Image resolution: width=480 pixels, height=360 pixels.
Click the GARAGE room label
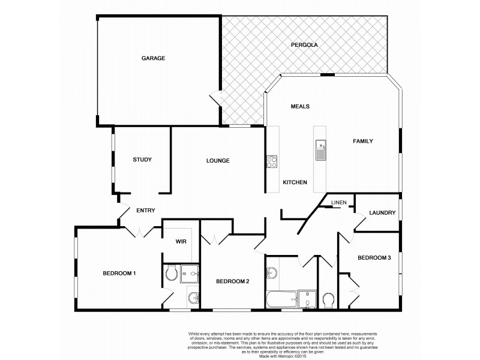153,58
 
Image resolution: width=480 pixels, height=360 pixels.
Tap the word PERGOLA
304,45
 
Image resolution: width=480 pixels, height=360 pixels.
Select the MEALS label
299,106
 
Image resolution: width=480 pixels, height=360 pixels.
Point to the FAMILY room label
362,142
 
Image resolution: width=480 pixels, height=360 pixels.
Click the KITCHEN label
295,182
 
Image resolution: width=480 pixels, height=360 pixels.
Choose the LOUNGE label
218,160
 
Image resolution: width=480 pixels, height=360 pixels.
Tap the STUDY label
142,160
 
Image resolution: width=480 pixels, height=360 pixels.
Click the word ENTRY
146,210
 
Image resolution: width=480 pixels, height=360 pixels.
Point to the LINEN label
339,202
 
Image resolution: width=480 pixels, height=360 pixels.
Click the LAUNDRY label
382,212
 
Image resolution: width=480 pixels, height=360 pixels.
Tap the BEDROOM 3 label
374,258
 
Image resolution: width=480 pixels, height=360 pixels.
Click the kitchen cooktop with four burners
272,161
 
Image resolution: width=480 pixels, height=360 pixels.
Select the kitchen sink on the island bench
320,149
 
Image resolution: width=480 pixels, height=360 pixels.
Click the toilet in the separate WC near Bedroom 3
328,299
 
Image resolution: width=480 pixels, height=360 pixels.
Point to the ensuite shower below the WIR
189,274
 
